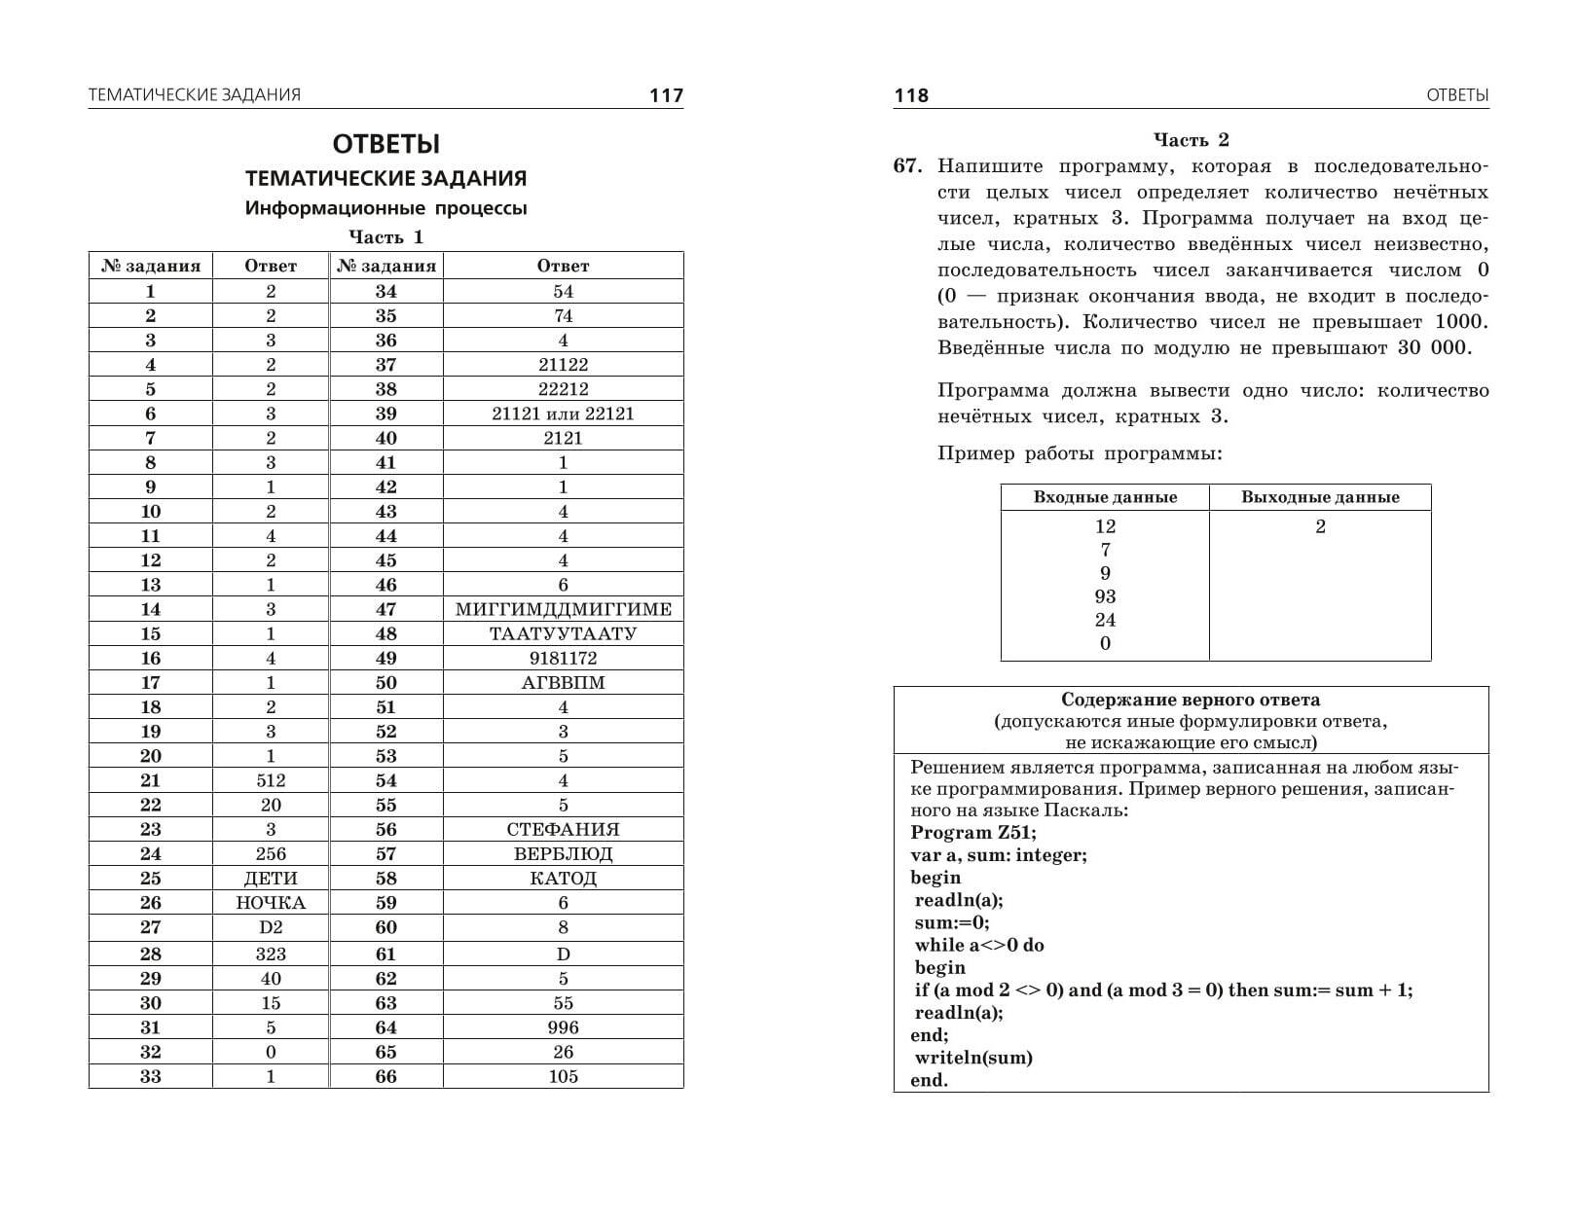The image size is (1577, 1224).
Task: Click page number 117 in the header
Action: click(666, 95)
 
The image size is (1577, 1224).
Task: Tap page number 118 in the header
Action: click(911, 95)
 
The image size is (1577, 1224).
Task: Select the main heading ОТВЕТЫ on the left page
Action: click(386, 144)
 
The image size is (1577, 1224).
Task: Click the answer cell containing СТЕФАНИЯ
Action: click(563, 830)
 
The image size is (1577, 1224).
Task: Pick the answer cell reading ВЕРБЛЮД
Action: click(563, 854)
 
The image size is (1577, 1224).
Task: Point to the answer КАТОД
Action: click(563, 879)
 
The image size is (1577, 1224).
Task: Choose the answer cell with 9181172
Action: click(563, 659)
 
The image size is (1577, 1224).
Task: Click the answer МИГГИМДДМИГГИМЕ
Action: click(563, 610)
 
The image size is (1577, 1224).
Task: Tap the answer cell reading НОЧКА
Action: click(271, 903)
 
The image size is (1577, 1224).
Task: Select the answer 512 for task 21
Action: click(271, 780)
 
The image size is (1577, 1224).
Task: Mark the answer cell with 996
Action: click(563, 1027)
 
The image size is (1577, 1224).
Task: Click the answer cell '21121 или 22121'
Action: click(563, 414)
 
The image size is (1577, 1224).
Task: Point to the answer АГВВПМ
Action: click(563, 683)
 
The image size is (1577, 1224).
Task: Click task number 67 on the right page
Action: click(906, 166)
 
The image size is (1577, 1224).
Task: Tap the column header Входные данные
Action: click(1105, 497)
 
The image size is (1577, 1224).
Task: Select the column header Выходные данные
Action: click(1320, 497)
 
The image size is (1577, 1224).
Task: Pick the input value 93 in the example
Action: click(1105, 596)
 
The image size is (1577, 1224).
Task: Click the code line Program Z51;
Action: click(973, 833)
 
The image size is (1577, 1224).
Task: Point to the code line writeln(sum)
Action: click(973, 1058)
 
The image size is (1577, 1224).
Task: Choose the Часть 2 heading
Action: click(1192, 140)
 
